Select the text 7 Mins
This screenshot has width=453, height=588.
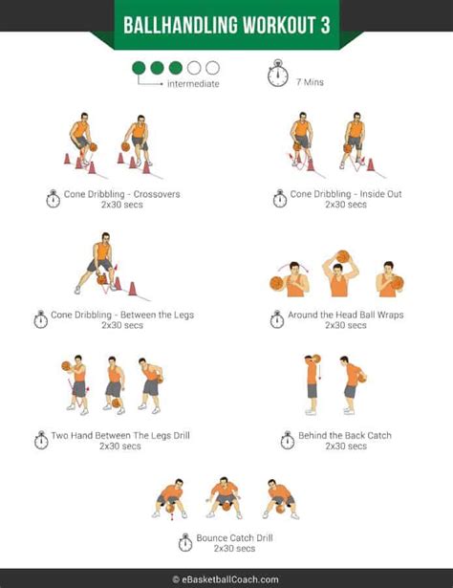(311, 82)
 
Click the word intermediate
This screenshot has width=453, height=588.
(193, 84)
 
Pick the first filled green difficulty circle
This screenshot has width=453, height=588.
(139, 68)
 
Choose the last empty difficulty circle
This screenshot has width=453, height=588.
(212, 68)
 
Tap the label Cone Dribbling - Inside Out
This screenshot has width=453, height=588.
(333, 194)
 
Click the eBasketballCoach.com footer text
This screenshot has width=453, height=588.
(226, 578)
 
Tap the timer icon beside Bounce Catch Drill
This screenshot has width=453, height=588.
(184, 543)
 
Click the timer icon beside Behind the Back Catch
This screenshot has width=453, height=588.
(288, 441)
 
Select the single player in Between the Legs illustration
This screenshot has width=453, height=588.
(99, 264)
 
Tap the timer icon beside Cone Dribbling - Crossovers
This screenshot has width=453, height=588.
(53, 199)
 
